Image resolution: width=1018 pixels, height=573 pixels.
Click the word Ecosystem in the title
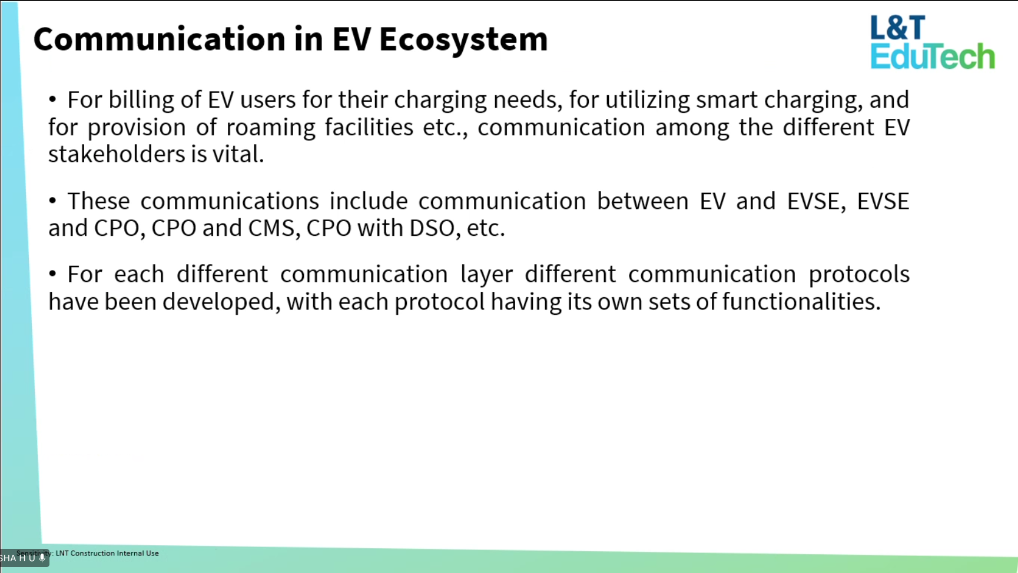[463, 39]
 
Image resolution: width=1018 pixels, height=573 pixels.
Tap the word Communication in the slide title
[160, 39]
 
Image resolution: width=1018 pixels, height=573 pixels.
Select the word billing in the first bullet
[141, 101]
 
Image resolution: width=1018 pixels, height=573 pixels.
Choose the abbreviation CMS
[271, 228]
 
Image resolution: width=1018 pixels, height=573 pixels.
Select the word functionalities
[801, 302]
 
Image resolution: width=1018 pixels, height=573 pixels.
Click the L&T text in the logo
[898, 28]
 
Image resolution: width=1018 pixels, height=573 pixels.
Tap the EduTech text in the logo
[933, 56]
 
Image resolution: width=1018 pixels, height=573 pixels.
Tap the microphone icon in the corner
[42, 558]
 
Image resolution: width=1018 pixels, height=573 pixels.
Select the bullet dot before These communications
[52, 201]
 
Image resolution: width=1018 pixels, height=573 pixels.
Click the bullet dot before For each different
[52, 274]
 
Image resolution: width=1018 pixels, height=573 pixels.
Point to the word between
[643, 202]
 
